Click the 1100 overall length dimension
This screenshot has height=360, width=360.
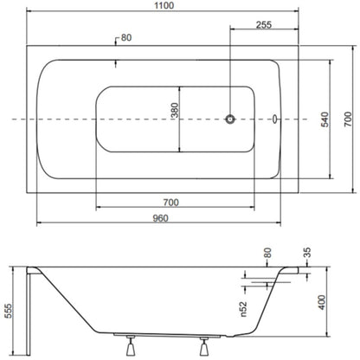164,5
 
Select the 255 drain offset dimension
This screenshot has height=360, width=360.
264,25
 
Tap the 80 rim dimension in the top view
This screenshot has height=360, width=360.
126,38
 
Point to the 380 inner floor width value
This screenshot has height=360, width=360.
175,110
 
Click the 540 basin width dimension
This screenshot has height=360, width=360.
325,119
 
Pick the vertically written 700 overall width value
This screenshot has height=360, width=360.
348,119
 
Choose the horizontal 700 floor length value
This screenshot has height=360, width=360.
170,202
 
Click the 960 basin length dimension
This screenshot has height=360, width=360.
160,218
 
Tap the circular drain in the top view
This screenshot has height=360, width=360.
230,119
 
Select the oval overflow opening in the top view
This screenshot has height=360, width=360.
274,119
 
